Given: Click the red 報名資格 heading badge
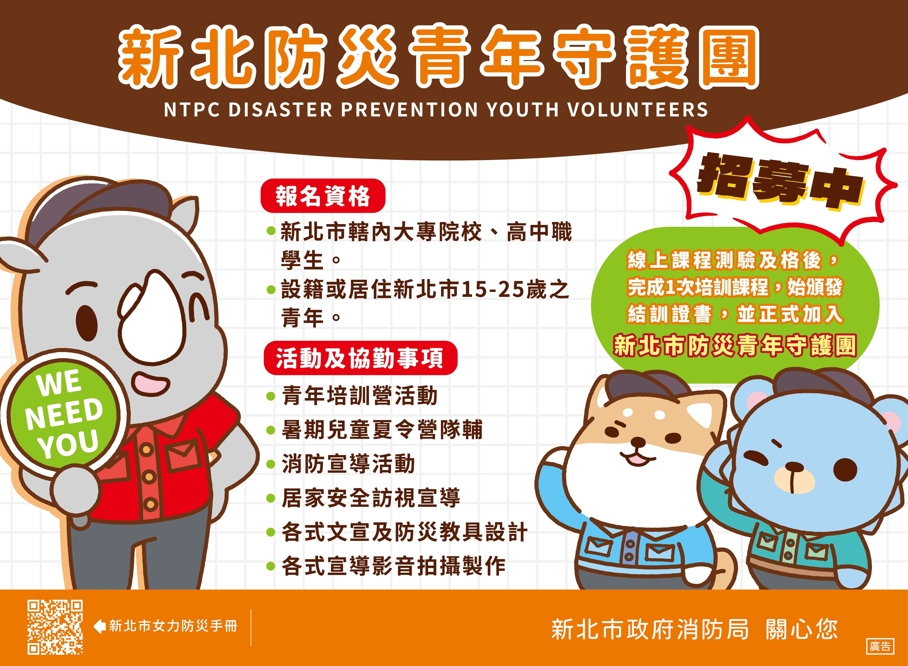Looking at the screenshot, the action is (x=323, y=196).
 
